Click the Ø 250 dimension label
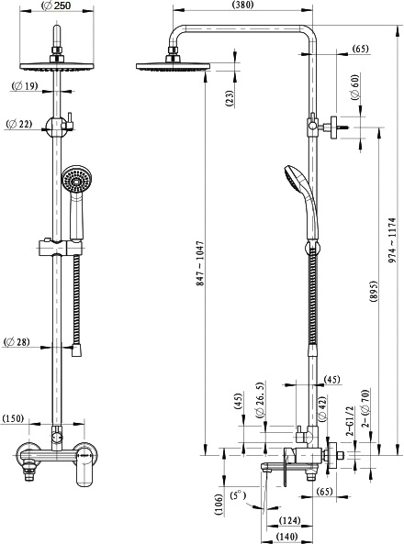(x=56, y=6)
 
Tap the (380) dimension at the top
(x=242, y=5)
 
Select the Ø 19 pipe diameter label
(x=25, y=85)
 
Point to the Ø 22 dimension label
(x=19, y=124)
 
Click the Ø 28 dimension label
(x=17, y=342)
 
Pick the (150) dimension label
(x=13, y=418)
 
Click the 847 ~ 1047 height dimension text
(x=200, y=263)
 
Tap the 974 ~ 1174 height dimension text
(x=392, y=239)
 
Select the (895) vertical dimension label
(x=374, y=292)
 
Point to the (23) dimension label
(x=230, y=98)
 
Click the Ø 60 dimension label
(x=354, y=87)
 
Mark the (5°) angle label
(x=238, y=495)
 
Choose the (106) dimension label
(x=219, y=505)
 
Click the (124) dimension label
(x=290, y=520)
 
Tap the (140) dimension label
(x=287, y=537)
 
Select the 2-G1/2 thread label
(x=349, y=420)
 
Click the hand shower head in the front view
(x=74, y=179)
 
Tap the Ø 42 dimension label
(x=321, y=409)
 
